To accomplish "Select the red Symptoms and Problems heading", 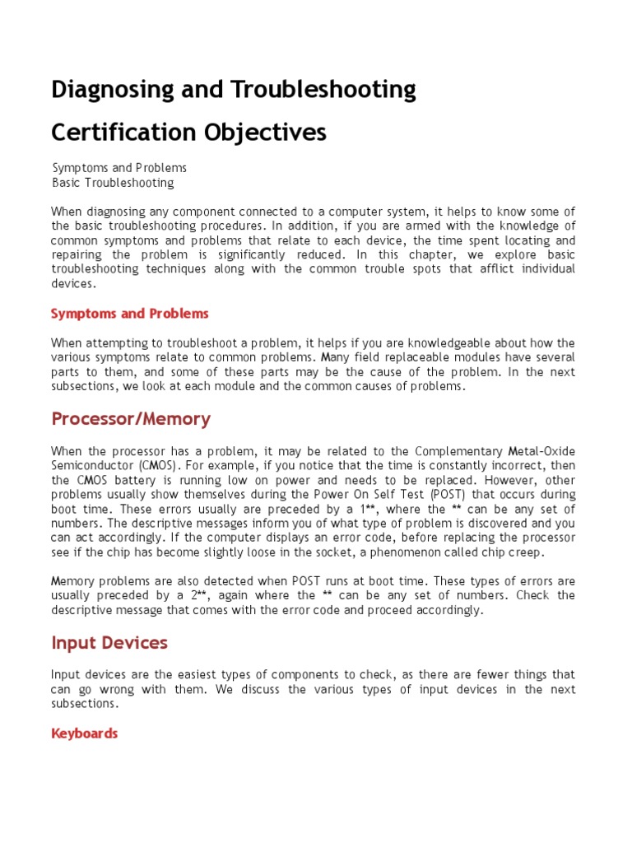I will point(130,314).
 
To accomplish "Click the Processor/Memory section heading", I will point(131,419).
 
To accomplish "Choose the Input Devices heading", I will point(109,643).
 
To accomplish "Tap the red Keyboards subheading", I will point(85,733).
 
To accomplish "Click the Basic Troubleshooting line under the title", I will point(114,183).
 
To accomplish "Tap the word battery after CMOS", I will point(134,480).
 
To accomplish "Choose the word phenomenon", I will point(416,552).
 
